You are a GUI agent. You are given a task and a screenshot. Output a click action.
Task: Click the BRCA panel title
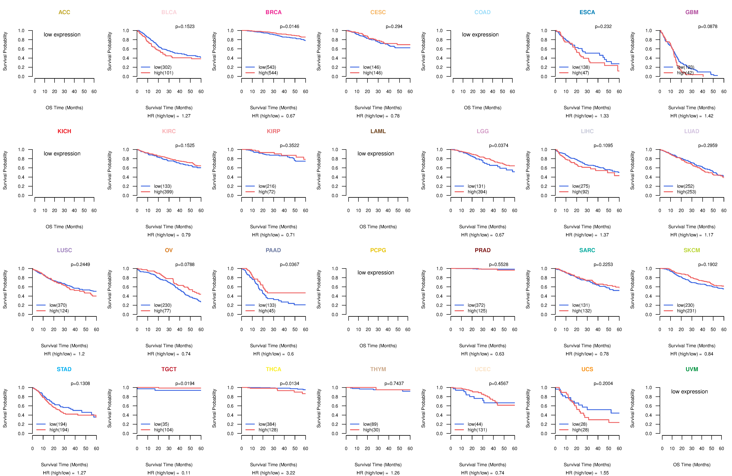[x=273, y=12]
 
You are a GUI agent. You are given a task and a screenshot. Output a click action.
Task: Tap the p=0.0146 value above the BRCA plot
[x=289, y=26]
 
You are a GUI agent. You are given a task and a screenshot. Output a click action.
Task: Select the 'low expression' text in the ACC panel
[x=62, y=34]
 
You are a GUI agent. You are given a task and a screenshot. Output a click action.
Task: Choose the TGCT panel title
[x=169, y=369]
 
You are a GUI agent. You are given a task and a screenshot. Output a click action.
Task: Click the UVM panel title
[x=692, y=369]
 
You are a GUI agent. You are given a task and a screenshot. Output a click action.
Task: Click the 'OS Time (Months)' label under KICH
[x=64, y=227]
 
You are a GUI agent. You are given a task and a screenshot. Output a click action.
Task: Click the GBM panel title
[x=692, y=12]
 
